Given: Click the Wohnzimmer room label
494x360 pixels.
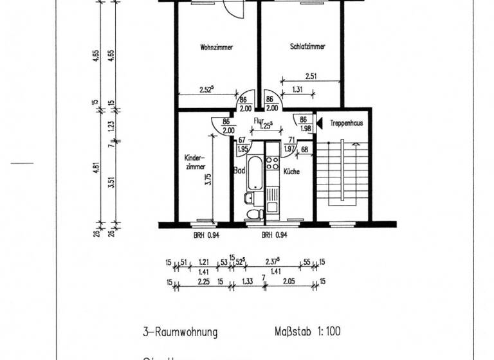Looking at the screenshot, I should [215, 48].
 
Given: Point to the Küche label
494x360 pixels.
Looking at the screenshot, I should [291, 172].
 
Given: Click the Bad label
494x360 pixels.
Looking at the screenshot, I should [239, 172].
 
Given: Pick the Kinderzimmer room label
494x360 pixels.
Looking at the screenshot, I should [194, 162].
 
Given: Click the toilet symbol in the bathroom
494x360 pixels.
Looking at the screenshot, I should [253, 213].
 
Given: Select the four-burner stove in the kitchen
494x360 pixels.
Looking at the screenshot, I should [271, 164].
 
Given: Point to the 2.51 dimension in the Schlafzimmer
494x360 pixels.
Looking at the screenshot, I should [311, 75].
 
